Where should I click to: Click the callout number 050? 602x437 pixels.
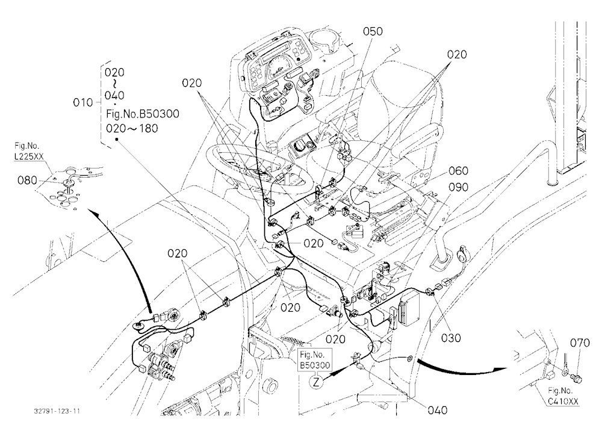point(373,31)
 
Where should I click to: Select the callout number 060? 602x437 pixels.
point(458,170)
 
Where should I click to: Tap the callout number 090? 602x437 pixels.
point(458,187)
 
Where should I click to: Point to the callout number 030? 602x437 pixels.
point(451,338)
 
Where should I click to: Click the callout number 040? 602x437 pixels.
point(438,410)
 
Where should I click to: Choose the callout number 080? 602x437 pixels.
point(28,180)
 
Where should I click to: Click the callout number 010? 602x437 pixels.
point(83,102)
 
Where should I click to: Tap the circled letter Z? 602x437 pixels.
point(315,382)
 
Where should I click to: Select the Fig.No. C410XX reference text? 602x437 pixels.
point(563,396)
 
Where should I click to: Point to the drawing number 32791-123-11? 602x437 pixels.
point(57,411)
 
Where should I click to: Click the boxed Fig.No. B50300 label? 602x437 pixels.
point(315,360)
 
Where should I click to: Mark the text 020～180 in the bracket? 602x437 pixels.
point(132,128)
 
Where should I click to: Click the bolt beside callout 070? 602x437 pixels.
point(576,377)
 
